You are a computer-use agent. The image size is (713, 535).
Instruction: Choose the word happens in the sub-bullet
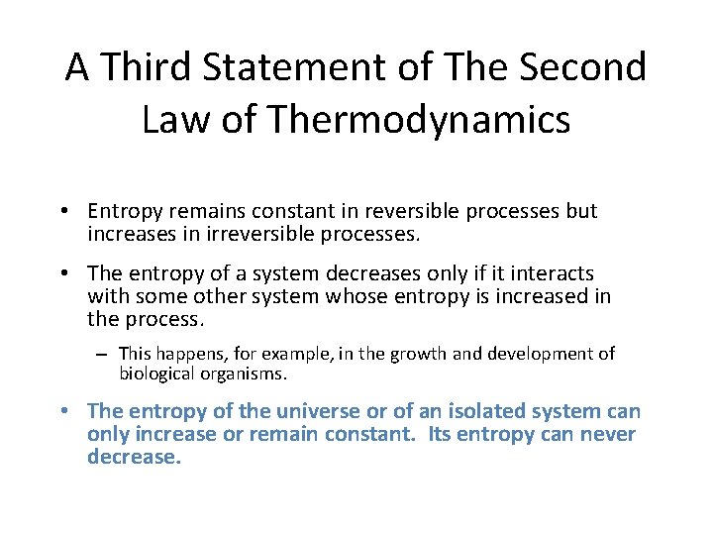186,354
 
